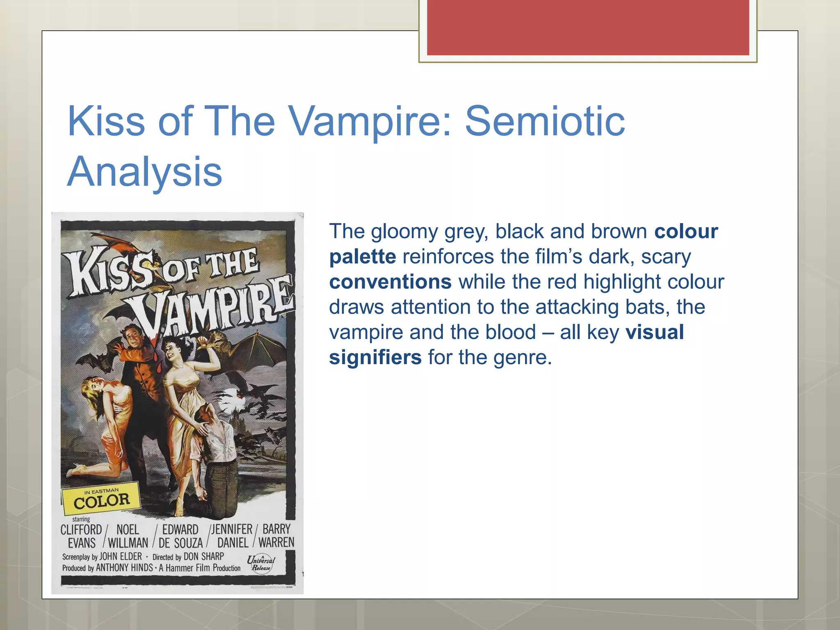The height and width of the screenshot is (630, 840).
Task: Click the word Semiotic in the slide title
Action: (545, 121)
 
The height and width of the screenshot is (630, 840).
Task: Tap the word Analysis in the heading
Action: (144, 171)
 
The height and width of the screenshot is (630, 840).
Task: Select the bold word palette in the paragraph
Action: (363, 257)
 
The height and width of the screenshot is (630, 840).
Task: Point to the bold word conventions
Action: (390, 282)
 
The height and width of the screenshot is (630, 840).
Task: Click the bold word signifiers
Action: (375, 357)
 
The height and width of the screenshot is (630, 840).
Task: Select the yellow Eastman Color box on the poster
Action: (101, 499)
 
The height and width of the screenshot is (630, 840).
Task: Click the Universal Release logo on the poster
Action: (261, 563)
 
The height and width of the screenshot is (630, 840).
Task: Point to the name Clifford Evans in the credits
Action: (81, 536)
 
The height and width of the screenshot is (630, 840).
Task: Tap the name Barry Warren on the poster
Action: (276, 536)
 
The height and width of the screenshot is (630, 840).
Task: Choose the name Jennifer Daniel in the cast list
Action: (232, 536)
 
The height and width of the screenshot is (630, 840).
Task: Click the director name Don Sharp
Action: (203, 557)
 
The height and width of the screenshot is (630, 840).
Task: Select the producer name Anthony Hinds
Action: (124, 568)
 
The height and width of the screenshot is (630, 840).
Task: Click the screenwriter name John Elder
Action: (121, 557)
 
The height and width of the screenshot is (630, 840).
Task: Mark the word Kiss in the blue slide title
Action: (106, 121)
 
